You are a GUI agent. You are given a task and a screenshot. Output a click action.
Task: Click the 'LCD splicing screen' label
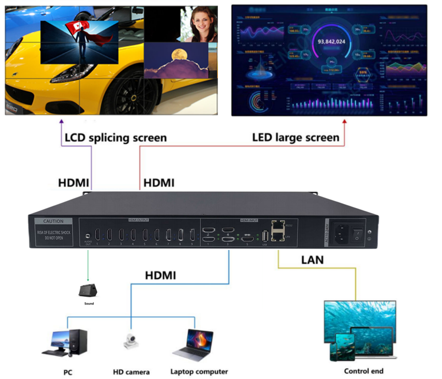[x=116, y=138]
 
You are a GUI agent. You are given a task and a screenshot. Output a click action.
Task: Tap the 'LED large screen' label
[x=295, y=138]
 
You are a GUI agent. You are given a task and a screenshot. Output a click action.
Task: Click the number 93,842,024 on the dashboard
[x=331, y=42]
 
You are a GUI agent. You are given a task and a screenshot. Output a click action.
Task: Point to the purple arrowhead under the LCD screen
[x=61, y=121]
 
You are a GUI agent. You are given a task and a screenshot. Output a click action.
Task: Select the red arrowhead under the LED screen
[x=345, y=121]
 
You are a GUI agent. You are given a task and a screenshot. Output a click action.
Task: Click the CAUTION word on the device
[x=53, y=221]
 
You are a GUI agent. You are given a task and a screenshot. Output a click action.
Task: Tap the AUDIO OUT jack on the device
[x=88, y=236]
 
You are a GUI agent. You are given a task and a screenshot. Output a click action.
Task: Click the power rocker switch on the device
[x=357, y=235]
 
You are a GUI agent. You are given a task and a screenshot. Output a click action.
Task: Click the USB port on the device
[x=265, y=236]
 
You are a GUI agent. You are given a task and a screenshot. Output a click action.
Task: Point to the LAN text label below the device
[x=312, y=260]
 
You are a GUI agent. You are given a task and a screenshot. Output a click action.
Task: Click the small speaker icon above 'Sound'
[x=88, y=290]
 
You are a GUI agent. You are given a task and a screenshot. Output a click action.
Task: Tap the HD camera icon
[x=131, y=341]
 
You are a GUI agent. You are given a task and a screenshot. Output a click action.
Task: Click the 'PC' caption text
[x=68, y=372]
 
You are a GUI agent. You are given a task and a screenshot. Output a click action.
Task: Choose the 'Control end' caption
[x=364, y=371]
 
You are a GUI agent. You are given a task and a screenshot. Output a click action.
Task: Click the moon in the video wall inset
[x=179, y=54]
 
